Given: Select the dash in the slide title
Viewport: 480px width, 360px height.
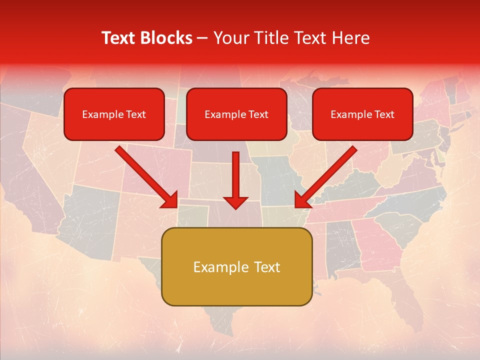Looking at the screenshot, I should pos(202,38).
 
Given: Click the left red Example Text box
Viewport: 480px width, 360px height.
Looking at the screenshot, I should pos(114,114).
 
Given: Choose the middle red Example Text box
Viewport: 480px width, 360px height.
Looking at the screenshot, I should pos(236,114).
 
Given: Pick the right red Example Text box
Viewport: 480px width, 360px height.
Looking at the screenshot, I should pos(362,114).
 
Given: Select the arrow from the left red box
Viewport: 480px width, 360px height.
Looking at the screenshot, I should pos(146,176).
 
